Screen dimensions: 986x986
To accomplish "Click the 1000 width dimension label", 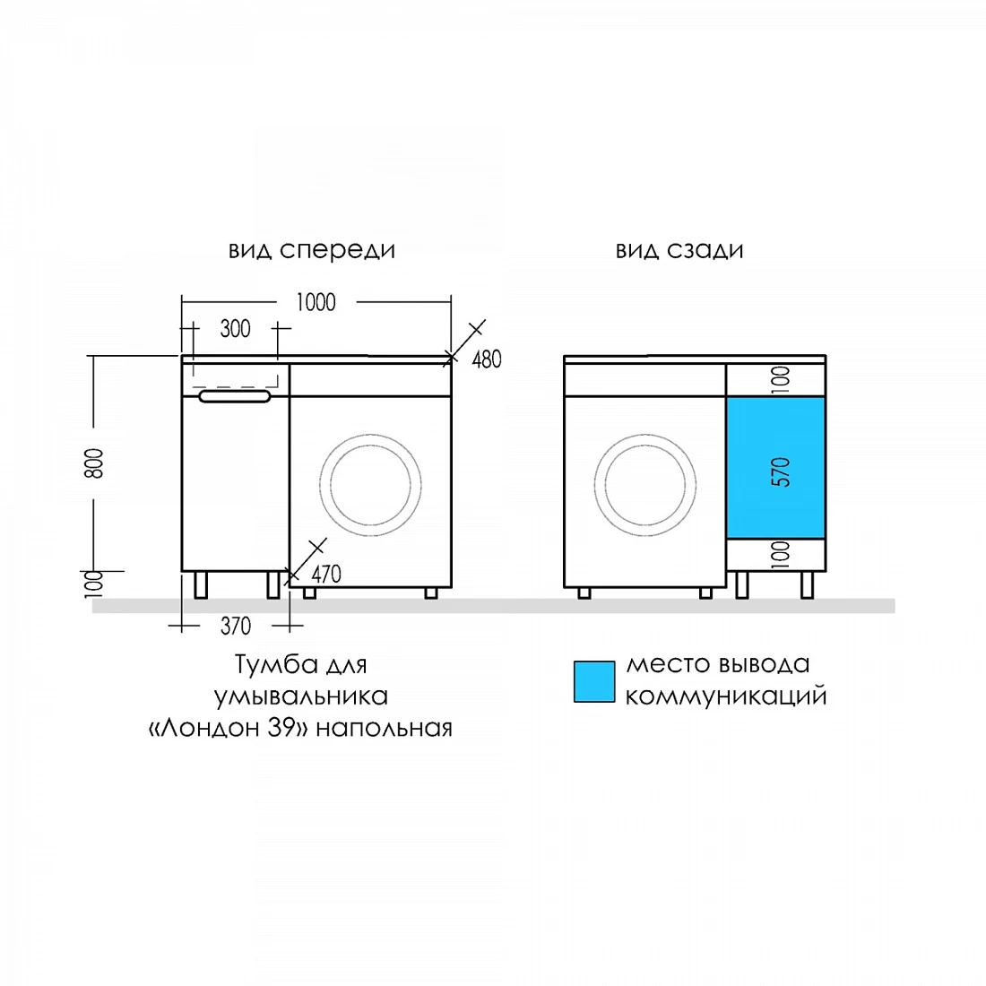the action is point(316,302).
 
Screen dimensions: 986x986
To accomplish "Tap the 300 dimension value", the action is point(235,328).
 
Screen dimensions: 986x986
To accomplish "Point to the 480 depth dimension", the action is point(487,359).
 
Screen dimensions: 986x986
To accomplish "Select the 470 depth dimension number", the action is point(326,574).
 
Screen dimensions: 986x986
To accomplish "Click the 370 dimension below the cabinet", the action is point(236,627).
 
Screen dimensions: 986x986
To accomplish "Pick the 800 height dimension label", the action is point(94,463).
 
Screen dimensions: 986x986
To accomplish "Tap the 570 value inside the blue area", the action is point(781,471).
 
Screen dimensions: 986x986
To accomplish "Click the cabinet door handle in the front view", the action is point(235,396).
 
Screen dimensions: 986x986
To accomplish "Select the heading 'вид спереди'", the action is point(312,250).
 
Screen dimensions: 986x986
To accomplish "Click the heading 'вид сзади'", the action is point(679,250).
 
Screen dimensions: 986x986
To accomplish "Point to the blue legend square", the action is point(594,681).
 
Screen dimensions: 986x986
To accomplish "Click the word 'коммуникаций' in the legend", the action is point(726,696).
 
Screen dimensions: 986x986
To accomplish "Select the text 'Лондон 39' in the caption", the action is point(228,728).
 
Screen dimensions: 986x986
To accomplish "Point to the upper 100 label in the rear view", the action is point(781,380).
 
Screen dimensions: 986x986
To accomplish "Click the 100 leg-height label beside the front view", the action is point(94,584).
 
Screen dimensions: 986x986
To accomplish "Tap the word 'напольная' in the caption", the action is point(385,728).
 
